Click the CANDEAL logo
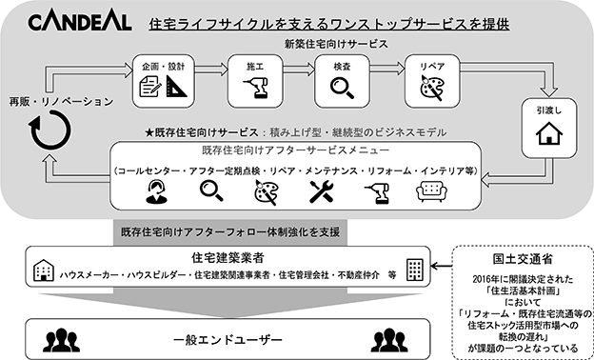[x=80, y=22]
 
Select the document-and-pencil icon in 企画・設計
[x=150, y=86]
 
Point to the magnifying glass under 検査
[x=342, y=88]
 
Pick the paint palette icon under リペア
[x=432, y=88]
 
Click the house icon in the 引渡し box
[x=549, y=133]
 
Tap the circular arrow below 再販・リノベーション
[x=49, y=130]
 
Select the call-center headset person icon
[x=156, y=191]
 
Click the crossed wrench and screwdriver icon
[x=321, y=191]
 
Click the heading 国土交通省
[x=523, y=259]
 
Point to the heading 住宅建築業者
[x=228, y=258]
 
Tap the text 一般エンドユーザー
[x=228, y=339]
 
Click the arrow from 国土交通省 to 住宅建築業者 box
[x=442, y=267]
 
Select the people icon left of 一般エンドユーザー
[x=61, y=340]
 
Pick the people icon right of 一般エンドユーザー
[x=389, y=340]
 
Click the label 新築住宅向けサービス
[x=336, y=44]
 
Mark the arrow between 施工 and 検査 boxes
[x=299, y=69]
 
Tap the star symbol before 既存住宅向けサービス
[x=149, y=132]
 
